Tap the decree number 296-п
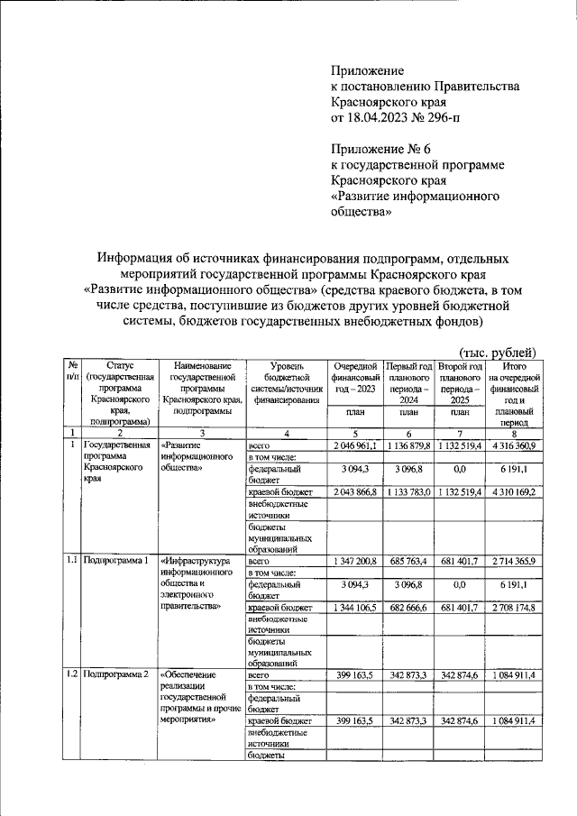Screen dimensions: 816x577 tap(446, 118)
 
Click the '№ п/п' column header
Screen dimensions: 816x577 tap(71, 371)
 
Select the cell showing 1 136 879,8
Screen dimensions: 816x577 tap(408, 446)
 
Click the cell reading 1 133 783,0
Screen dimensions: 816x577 tap(408, 493)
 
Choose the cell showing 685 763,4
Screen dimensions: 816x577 tap(408, 562)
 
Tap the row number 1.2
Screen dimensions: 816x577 tap(71, 674)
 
